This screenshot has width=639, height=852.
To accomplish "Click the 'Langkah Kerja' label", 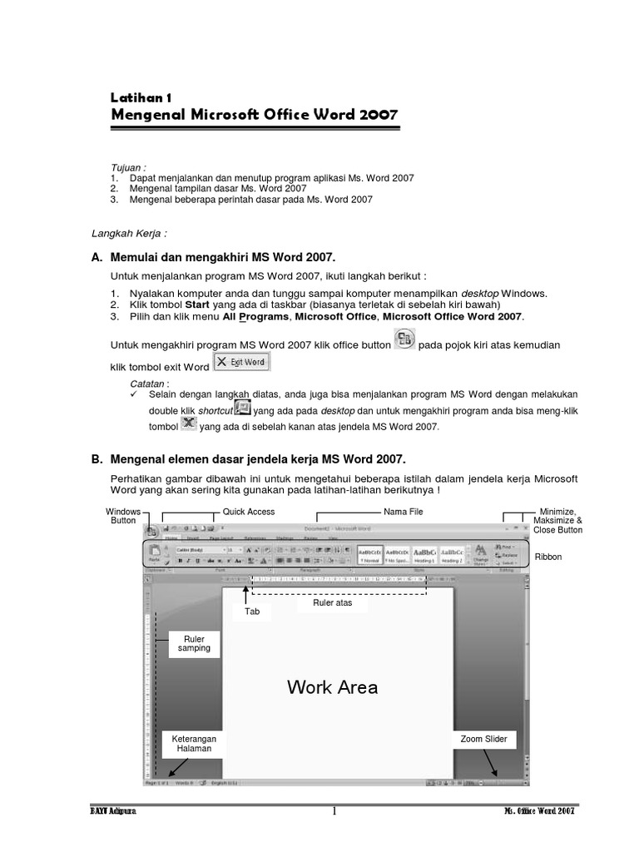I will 122,234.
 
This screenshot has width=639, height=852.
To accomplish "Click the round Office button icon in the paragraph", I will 404,339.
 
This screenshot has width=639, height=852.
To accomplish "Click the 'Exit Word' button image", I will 240,363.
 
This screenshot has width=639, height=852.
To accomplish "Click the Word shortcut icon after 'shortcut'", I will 243,408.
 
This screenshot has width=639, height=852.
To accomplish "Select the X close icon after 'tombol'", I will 189,424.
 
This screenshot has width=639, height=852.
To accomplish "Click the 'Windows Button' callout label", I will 123,516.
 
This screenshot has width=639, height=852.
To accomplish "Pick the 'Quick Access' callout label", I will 249,512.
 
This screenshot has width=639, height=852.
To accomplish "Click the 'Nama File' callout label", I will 403,512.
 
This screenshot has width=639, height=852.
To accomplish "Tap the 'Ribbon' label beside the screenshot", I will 548,557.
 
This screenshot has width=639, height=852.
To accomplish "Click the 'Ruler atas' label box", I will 333,603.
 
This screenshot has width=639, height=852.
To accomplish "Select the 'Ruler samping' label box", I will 194,643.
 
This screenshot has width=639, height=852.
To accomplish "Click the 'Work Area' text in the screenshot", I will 332,687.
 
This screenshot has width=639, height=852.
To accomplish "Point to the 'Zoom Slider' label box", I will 484,739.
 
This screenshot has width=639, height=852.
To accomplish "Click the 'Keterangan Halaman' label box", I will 193,743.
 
